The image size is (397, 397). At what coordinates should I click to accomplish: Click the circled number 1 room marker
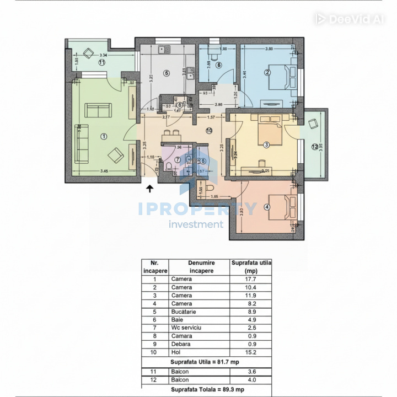click(103, 136)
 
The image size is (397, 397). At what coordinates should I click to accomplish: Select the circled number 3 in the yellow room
click(266, 145)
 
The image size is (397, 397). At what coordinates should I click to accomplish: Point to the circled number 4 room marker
click(267, 207)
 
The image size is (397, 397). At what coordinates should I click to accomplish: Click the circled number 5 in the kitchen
click(166, 73)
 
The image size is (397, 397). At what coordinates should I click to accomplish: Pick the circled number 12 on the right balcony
click(314, 147)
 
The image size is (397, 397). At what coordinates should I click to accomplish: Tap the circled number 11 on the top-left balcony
click(101, 63)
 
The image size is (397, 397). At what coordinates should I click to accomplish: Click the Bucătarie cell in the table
click(185, 311)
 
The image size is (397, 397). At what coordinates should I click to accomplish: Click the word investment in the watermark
click(196, 224)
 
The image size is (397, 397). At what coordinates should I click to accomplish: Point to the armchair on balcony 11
click(88, 53)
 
